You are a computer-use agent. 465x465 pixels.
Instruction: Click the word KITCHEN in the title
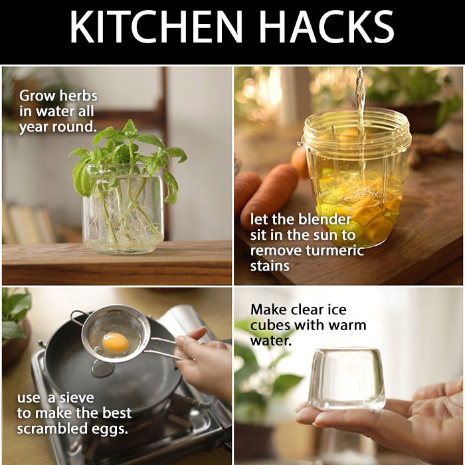156,27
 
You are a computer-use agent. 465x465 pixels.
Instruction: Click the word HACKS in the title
327,27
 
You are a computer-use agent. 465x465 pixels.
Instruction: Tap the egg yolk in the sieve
116,343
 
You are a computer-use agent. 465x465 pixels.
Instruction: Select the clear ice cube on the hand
347,379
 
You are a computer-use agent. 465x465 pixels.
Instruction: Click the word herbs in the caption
78,96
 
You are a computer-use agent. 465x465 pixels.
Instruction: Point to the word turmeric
335,250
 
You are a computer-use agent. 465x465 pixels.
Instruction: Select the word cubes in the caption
270,325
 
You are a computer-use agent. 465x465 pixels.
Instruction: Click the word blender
325,219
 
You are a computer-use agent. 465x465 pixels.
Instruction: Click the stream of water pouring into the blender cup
360,125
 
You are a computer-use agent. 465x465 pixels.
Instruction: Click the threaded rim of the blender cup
357,130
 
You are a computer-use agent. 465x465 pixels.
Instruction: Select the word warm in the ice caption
347,325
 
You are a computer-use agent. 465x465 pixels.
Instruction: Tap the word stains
270,266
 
